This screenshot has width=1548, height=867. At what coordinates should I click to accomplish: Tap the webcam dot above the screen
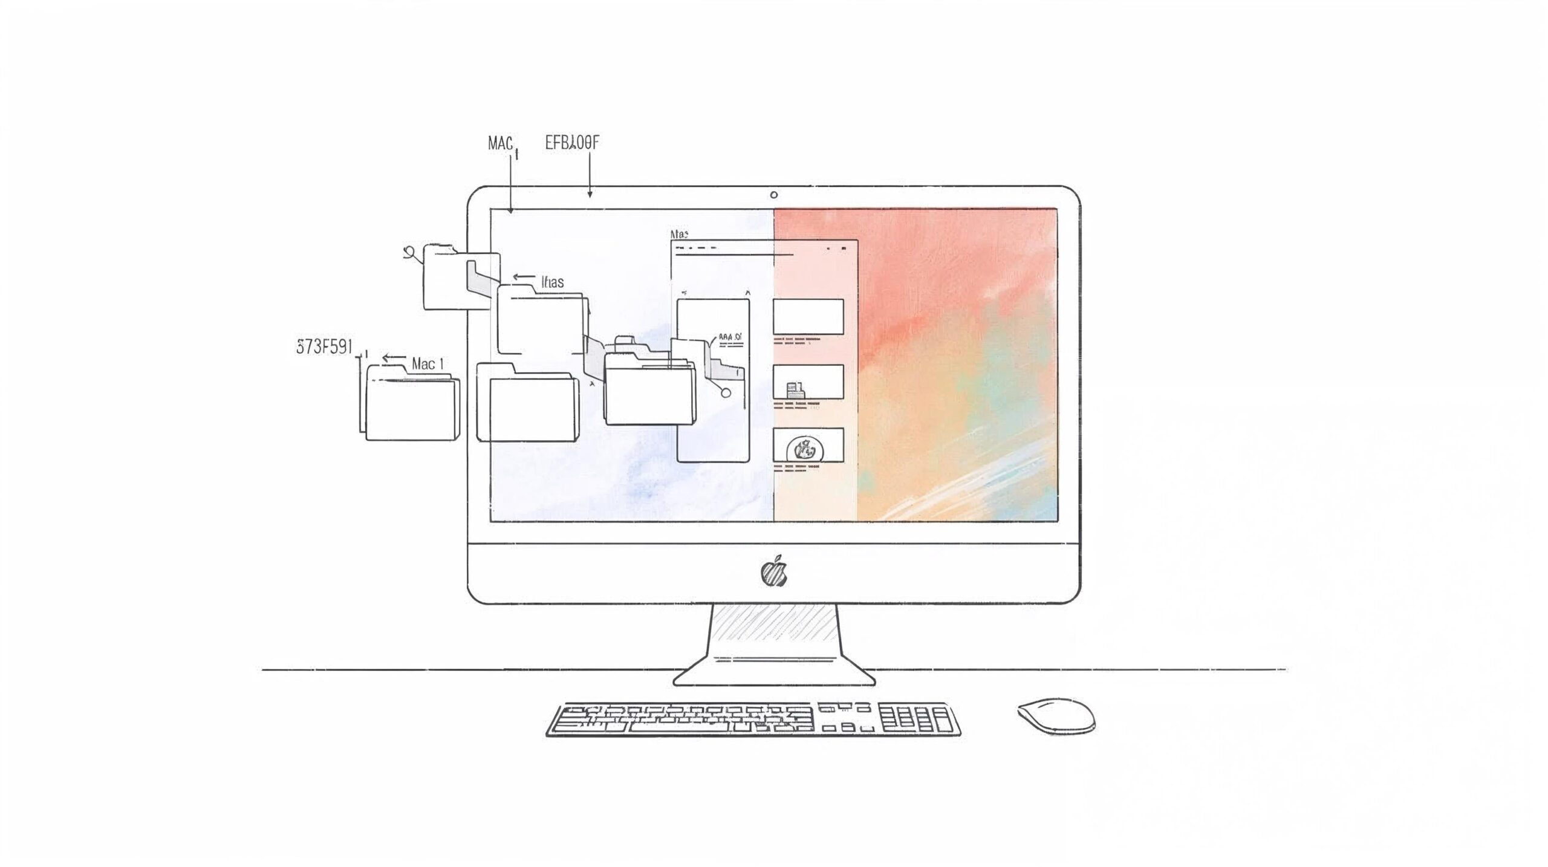774,195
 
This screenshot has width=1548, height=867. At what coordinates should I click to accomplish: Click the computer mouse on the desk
1056,716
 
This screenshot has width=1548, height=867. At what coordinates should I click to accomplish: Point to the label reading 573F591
324,348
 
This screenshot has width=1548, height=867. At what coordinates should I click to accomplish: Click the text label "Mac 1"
428,364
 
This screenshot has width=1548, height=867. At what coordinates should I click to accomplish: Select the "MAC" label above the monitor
501,143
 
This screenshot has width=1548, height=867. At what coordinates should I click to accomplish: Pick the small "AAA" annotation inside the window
730,337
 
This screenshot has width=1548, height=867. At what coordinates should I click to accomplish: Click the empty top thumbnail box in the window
808,316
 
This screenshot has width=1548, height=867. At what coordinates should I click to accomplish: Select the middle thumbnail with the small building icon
808,382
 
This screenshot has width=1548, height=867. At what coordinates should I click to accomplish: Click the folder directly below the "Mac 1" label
411,408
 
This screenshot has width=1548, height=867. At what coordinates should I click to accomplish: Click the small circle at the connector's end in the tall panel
726,392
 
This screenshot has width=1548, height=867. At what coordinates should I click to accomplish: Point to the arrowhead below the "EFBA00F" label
590,193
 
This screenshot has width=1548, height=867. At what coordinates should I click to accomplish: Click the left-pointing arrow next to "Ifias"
524,278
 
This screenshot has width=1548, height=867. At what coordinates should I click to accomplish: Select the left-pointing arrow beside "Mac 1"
394,358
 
